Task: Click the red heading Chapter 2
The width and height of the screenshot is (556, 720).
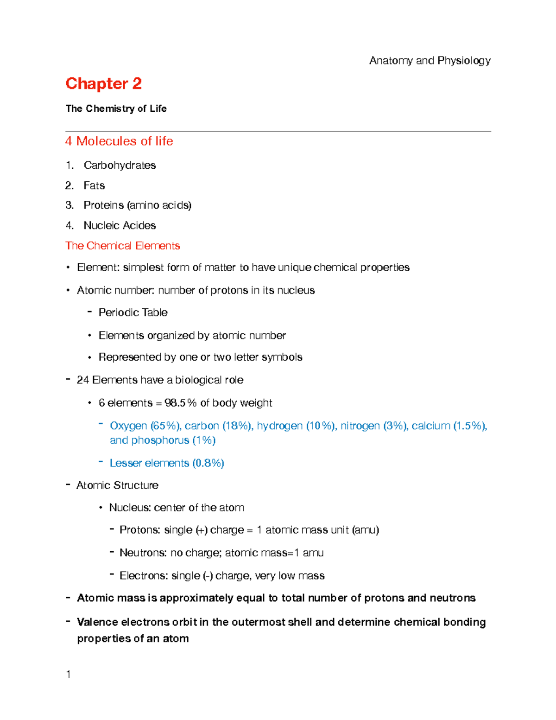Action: click(103, 83)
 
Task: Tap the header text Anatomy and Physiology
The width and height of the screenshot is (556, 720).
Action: click(430, 61)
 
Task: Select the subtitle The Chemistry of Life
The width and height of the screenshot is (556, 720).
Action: click(116, 108)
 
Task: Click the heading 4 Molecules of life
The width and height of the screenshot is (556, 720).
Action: click(119, 141)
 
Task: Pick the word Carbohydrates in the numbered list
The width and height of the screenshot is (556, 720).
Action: click(120, 166)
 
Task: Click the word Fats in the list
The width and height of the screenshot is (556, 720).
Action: click(94, 185)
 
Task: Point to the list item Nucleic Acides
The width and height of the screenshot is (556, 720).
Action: click(120, 225)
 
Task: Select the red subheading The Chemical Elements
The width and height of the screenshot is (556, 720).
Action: click(123, 246)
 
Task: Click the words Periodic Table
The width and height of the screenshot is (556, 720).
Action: click(133, 312)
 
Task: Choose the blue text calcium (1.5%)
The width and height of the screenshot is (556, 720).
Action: click(448, 426)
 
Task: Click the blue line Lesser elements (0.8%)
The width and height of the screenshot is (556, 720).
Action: click(167, 463)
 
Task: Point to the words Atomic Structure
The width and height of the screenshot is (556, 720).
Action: click(117, 485)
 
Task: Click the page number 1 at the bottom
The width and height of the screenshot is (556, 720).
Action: click(69, 675)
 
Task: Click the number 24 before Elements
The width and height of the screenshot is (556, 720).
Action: click(83, 380)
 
